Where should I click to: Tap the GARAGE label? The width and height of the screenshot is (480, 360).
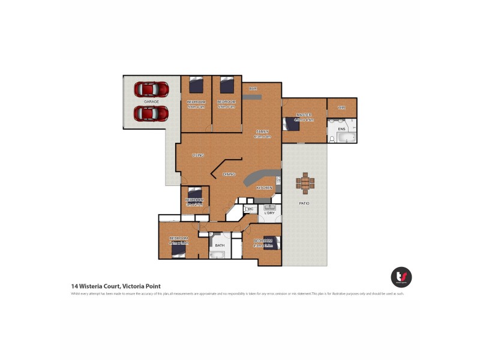click(151, 101)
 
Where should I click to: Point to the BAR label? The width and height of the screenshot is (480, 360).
click(253, 89)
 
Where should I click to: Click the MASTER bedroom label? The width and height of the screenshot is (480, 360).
click(303, 115)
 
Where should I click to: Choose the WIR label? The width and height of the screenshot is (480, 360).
click(342, 108)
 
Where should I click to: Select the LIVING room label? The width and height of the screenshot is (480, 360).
click(198, 155)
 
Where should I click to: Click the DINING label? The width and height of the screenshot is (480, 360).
click(229, 174)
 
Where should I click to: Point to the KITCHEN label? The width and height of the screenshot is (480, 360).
click(265, 188)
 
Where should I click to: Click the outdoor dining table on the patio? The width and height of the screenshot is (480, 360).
click(305, 182)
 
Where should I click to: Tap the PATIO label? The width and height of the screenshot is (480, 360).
click(304, 203)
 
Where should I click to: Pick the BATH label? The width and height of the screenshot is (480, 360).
click(220, 245)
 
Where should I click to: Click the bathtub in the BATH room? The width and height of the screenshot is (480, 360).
click(217, 254)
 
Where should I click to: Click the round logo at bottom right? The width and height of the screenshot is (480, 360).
click(401, 277)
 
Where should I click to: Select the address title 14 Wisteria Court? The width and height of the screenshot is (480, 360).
click(116, 286)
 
